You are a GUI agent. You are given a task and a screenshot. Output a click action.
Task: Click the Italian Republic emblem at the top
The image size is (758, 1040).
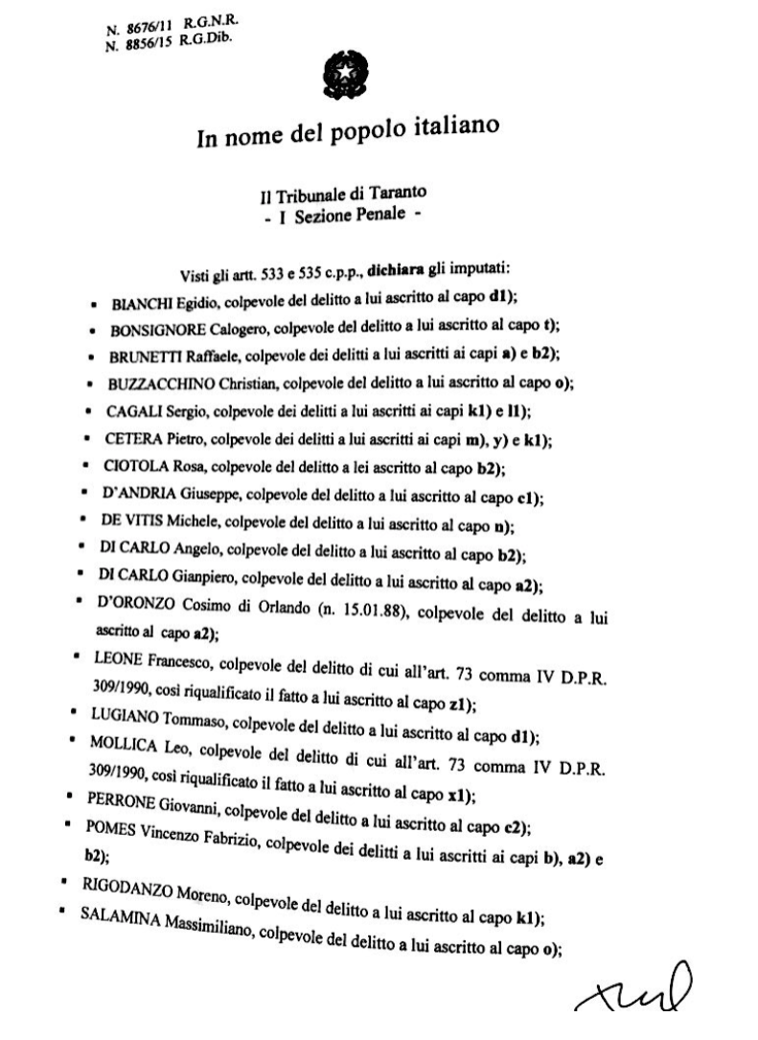pos(341,74)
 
